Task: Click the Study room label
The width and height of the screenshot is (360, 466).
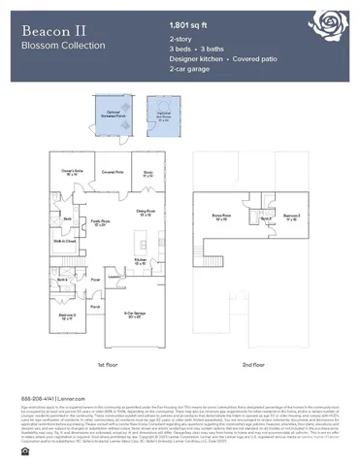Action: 148,174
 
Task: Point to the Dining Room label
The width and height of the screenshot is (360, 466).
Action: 146,212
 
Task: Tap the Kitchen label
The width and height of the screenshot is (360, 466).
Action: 142,260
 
